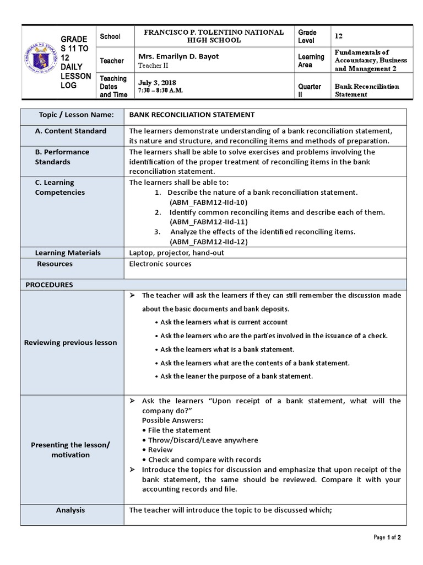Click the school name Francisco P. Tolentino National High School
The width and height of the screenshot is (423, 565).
[214, 36]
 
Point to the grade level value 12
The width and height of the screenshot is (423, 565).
[339, 36]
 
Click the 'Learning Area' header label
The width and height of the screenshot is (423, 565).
[311, 61]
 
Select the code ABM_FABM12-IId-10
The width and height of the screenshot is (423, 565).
[209, 202]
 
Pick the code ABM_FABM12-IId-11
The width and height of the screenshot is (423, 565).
[209, 222]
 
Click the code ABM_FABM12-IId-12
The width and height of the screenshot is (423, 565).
[209, 242]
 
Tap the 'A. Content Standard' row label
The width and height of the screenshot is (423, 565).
[70, 131]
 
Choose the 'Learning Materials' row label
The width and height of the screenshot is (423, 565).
[68, 253]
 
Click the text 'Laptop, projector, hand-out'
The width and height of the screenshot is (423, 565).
[176, 253]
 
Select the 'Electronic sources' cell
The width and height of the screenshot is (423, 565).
[160, 264]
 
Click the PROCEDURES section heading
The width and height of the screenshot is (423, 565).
[49, 285]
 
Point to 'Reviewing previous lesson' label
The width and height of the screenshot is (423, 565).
[70, 343]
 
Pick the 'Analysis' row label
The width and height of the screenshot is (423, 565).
[70, 510]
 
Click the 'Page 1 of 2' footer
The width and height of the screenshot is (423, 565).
[387, 537]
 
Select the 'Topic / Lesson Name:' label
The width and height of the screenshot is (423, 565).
[76, 115]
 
